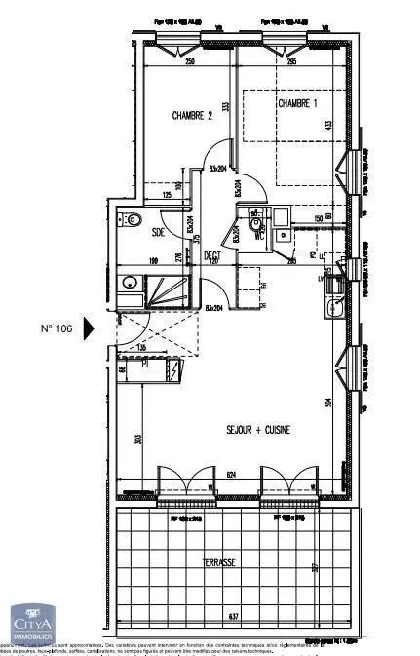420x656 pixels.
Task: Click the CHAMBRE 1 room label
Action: (x=297, y=103)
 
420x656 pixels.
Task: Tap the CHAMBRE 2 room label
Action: (x=192, y=116)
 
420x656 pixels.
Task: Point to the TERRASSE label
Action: (x=233, y=562)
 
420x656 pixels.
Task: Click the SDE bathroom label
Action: (x=158, y=232)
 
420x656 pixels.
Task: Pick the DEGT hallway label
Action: (x=211, y=256)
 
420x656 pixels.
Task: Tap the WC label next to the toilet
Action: (x=258, y=235)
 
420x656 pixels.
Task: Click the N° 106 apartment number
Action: (x=57, y=328)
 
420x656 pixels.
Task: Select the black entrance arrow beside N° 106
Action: (x=90, y=328)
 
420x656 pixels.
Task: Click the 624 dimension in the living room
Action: (x=230, y=475)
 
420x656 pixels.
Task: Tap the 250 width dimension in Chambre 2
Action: (x=192, y=62)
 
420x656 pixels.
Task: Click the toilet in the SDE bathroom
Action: (x=131, y=219)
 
